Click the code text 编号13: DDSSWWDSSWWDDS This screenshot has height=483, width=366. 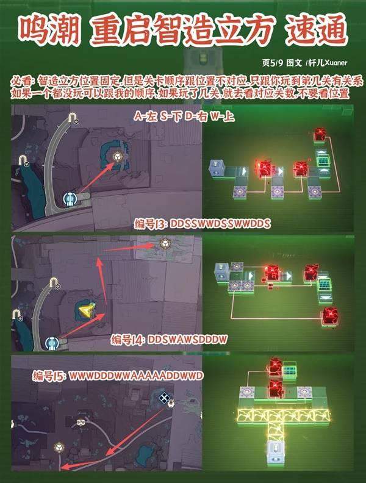point(203,224)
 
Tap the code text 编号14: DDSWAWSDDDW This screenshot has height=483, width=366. point(169,340)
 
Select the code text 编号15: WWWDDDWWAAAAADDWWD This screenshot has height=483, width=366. point(118,376)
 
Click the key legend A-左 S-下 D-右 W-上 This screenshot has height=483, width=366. point(184,116)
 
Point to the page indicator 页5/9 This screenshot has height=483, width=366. point(273,63)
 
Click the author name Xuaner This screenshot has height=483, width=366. point(336,63)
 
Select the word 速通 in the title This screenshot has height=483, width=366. point(317,30)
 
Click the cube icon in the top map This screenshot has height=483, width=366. point(117,157)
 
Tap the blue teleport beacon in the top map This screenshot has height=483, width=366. point(70,198)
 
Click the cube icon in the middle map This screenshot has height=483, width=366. point(165,244)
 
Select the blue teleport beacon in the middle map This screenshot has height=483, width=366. point(52,343)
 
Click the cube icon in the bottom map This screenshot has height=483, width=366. point(59,447)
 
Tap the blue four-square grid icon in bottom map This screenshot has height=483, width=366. point(163,398)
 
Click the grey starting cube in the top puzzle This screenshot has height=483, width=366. point(217,168)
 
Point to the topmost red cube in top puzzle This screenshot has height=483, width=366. point(320,135)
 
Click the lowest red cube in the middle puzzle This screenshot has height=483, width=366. point(329,316)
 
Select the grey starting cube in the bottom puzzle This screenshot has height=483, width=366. point(276,451)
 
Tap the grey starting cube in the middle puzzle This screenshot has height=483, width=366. point(222,273)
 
